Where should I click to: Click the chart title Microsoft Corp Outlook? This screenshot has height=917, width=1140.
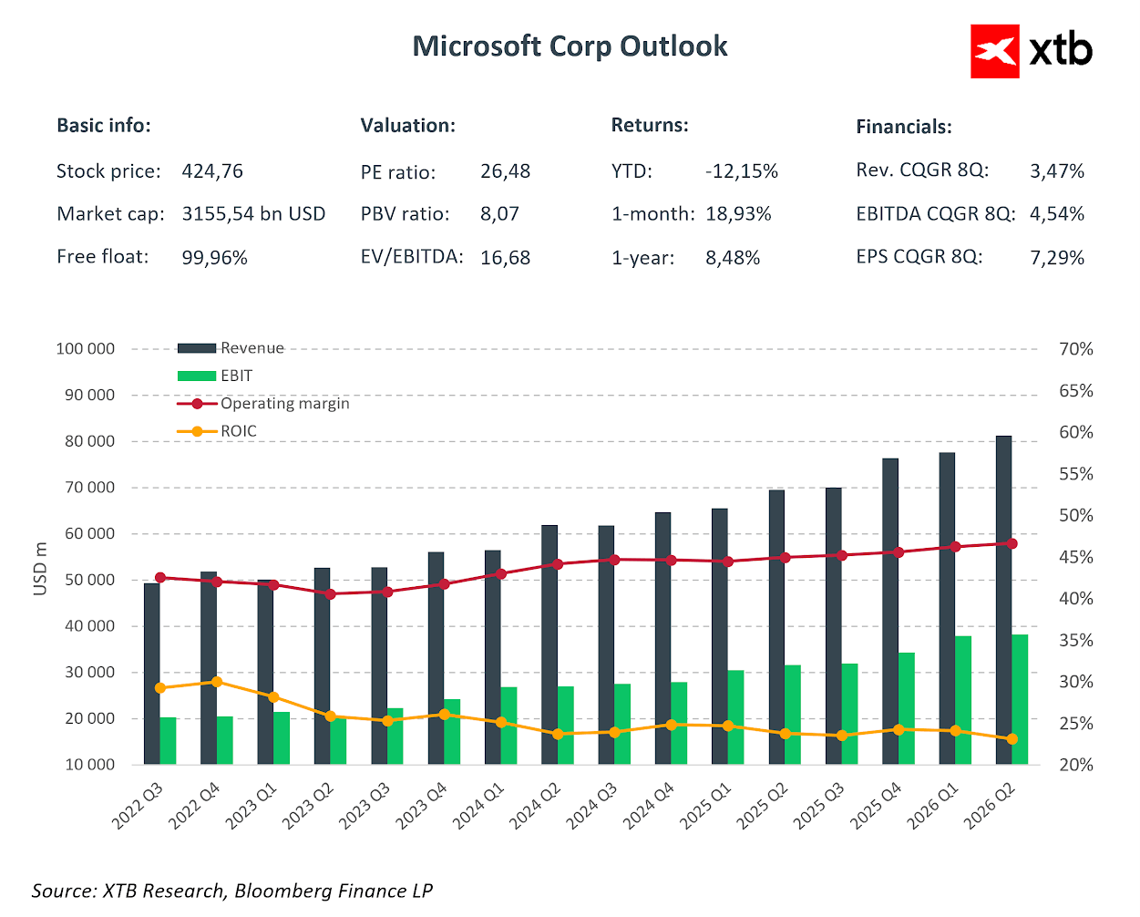tap(570, 46)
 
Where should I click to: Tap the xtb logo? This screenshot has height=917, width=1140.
tap(1032, 51)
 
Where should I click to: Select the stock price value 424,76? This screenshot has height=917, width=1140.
tap(212, 171)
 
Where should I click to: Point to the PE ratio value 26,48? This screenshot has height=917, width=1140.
tap(505, 171)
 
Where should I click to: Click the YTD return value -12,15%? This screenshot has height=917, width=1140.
tap(741, 171)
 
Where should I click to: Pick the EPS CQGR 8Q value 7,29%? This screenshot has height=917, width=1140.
tap(1057, 258)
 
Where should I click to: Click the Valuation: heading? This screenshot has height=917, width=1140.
tap(407, 126)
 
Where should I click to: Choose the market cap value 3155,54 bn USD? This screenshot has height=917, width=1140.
tap(253, 214)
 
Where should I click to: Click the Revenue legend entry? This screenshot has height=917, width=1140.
tap(231, 348)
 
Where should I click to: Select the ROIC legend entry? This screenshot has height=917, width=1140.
tap(218, 431)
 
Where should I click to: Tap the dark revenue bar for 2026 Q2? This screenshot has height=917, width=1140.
tap(1003, 602)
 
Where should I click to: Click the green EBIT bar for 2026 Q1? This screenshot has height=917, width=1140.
tap(963, 700)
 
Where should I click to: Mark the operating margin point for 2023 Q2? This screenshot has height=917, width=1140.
tap(331, 594)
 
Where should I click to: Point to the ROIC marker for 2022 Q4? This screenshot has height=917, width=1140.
tap(217, 682)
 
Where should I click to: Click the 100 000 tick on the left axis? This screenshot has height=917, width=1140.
tap(86, 349)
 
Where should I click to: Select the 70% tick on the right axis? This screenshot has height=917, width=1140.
tap(1075, 349)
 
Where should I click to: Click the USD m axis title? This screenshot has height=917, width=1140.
tap(40, 568)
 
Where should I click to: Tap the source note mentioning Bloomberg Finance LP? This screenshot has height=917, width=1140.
tap(231, 891)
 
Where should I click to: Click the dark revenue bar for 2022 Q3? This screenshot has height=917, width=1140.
tap(151, 675)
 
